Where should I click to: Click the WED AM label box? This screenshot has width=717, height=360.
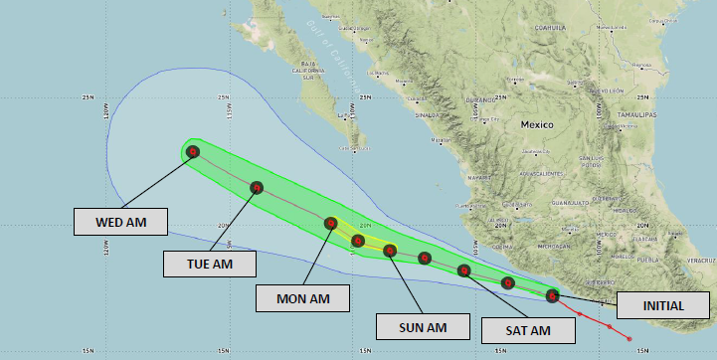(120, 222)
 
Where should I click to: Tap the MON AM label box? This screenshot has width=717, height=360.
(302, 297)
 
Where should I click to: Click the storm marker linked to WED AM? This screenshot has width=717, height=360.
(193, 152)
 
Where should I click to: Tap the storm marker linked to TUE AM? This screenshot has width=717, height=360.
(257, 187)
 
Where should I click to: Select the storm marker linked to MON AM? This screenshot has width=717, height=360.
(331, 224)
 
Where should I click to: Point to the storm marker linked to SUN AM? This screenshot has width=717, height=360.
(390, 251)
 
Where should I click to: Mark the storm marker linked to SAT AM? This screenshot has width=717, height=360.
(462, 270)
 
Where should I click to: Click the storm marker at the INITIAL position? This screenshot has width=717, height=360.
(552, 295)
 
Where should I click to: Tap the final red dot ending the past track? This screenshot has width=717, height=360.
(629, 340)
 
